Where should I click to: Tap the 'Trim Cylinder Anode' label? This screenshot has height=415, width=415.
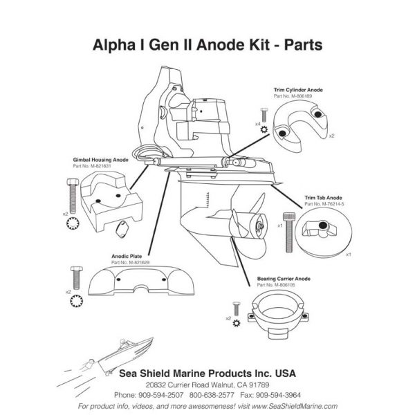click(298, 90)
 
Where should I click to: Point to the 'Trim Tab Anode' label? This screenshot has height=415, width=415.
click(319, 198)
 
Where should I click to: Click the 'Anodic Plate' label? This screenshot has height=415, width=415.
click(127, 255)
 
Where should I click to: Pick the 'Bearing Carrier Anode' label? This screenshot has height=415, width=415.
click(284, 278)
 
